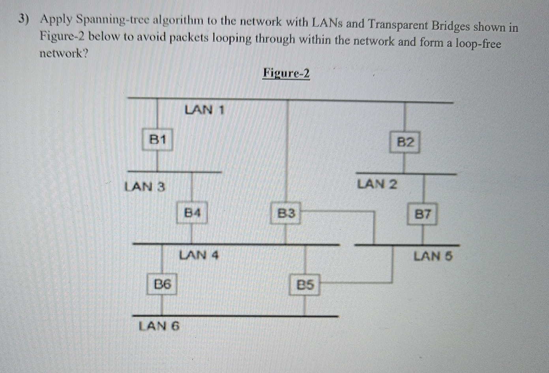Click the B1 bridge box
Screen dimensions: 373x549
(x=157, y=139)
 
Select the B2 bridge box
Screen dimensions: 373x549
(x=405, y=142)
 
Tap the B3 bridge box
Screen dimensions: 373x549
(x=286, y=213)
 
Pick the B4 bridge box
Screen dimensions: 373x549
(x=192, y=213)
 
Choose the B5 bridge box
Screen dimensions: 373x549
(x=305, y=284)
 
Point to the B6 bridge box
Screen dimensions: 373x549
(x=162, y=284)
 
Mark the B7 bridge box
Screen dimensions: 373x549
(x=422, y=214)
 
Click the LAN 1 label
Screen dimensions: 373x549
(x=204, y=109)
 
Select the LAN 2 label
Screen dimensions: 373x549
(x=377, y=184)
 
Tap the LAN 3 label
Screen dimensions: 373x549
(x=145, y=186)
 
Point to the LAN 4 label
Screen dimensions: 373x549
(x=199, y=255)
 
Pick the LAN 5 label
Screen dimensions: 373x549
(x=433, y=256)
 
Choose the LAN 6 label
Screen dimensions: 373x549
(x=159, y=326)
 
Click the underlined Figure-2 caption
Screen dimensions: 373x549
(x=286, y=73)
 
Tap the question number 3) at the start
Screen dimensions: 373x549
(x=24, y=19)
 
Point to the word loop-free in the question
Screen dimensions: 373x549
(x=478, y=43)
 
